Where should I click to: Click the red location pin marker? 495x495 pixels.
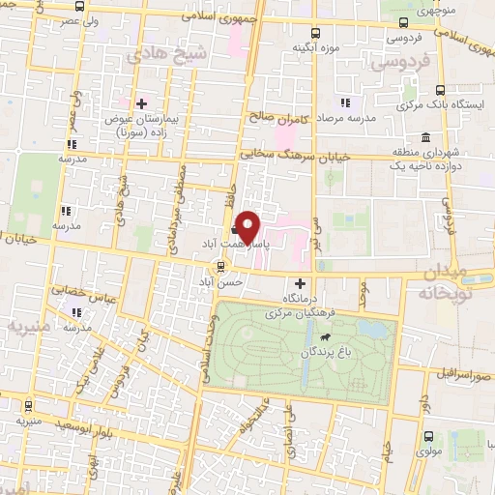tap(249, 227)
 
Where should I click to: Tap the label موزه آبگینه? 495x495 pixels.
tap(315, 45)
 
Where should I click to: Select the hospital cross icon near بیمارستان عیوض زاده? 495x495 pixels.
tap(141, 102)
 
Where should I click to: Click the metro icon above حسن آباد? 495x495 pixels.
tap(222, 264)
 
